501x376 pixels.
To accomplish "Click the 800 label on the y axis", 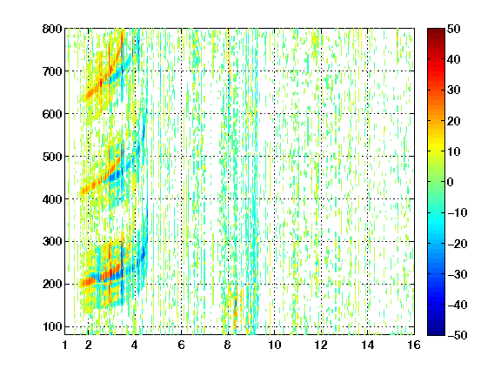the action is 52,29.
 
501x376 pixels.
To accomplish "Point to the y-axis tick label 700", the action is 52,71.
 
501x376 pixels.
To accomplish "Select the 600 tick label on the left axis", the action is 52,114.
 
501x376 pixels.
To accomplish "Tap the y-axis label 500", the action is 52,157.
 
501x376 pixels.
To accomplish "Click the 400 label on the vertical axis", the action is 52,199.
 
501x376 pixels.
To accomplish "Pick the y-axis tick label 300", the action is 52,242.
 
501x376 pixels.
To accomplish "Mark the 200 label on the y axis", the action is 52,285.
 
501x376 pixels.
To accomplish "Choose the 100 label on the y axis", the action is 52,326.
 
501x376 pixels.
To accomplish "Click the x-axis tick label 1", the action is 65,345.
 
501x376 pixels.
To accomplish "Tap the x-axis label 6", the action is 181,345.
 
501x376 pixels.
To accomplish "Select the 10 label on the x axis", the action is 275,345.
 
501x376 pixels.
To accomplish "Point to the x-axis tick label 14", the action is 368,345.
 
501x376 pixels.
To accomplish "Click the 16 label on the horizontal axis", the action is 414,345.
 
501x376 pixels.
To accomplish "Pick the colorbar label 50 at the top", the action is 453,29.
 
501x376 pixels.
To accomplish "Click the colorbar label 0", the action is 451,182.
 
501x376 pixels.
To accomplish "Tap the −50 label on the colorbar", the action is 457,335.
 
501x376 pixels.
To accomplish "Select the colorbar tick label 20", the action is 453,121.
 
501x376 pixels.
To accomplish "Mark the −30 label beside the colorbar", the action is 457,274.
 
